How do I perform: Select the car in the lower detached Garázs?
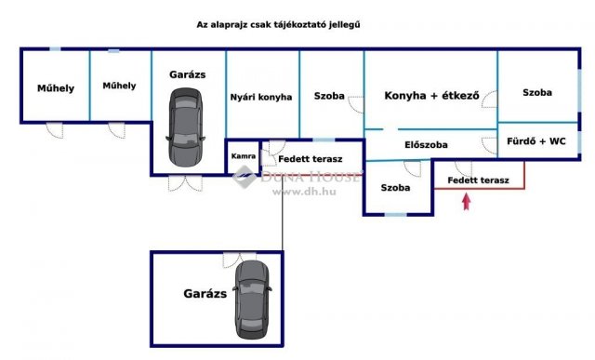click(252, 299)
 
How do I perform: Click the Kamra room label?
click(244, 156)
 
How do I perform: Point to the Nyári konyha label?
click(261, 97)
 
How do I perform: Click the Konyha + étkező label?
click(430, 95)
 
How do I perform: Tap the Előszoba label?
click(427, 145)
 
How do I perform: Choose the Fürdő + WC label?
click(536, 143)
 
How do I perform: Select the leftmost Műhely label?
click(56, 88)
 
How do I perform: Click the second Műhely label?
click(119, 86)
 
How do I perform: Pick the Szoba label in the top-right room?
click(536, 93)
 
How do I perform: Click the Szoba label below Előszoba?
click(395, 187)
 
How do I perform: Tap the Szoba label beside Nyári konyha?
click(329, 96)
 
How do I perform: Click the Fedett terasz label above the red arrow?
click(478, 180)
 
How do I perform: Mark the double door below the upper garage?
click(184, 182)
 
